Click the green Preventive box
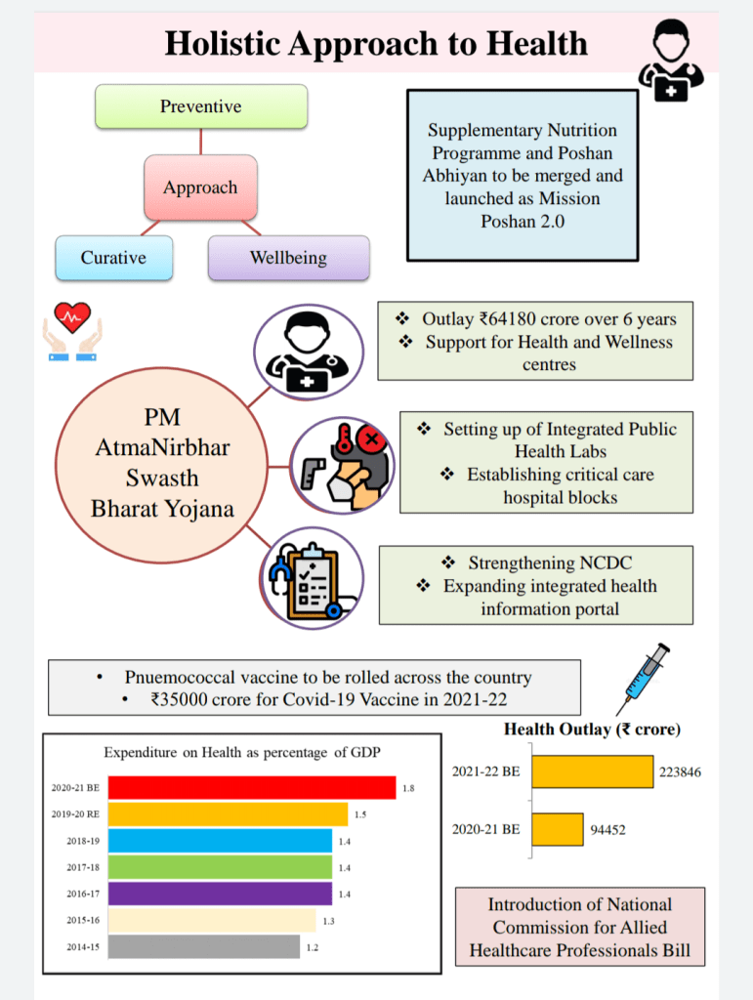(x=201, y=106)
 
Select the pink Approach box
(x=200, y=187)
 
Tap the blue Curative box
(x=113, y=258)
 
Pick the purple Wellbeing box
(x=288, y=258)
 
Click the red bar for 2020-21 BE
(x=251, y=787)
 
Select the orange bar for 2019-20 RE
(x=228, y=813)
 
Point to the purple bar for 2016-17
(x=220, y=894)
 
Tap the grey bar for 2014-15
(x=203, y=947)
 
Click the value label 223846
(x=680, y=771)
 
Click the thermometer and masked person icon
(x=342, y=466)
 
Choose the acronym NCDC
(x=605, y=563)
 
